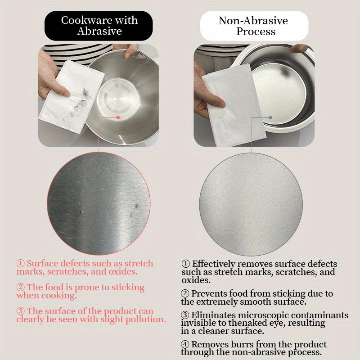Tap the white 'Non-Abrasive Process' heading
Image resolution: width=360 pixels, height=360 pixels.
pyautogui.click(x=254, y=26)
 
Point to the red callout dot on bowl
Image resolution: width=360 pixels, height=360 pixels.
pyautogui.click(x=118, y=117)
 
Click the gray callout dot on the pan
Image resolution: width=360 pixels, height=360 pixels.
pyautogui.click(x=270, y=117)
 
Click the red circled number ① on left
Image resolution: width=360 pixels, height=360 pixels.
pyautogui.click(x=21, y=264)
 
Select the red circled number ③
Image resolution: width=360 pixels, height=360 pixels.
pyautogui.click(x=21, y=311)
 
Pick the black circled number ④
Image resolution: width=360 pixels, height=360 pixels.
pyautogui.click(x=186, y=345)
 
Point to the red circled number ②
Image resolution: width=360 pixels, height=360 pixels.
pyautogui.click(x=21, y=288)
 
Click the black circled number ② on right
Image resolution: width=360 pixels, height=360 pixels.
pyautogui.click(x=186, y=293)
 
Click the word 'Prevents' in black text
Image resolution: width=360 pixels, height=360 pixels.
pyautogui.click(x=212, y=293)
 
